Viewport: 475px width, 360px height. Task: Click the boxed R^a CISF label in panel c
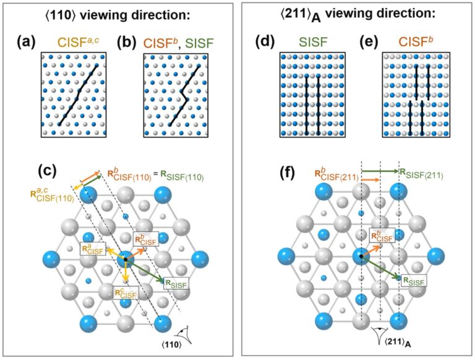pos(93,249)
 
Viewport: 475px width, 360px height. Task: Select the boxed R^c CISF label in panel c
pos(124,291)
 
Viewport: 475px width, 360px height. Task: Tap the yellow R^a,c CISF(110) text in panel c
pos(53,197)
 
